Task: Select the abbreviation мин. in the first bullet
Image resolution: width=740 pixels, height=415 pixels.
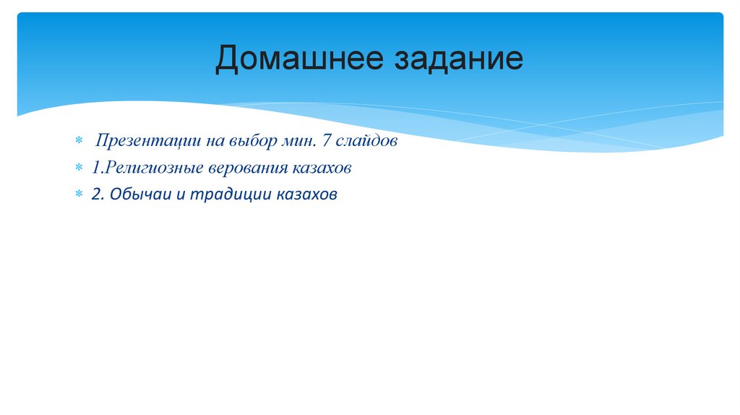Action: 296,141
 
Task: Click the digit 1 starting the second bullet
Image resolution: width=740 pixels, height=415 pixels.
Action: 95,168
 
